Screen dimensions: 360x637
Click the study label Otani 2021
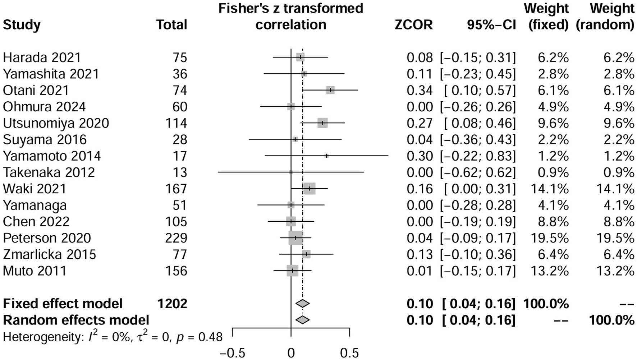(36, 90)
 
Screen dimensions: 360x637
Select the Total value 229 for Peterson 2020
(176, 238)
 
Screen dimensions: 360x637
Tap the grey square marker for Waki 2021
(309, 189)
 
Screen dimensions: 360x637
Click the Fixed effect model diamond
(302, 304)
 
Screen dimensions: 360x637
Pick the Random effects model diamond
(302, 320)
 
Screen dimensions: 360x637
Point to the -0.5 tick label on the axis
(232, 353)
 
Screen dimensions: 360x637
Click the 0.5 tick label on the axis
(349, 353)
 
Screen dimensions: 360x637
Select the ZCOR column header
(414, 25)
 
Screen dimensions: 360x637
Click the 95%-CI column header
(491, 25)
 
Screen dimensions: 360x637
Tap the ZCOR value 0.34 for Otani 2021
(420, 90)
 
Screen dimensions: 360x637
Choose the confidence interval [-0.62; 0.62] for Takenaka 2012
(478, 172)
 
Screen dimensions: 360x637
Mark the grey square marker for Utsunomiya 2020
(322, 123)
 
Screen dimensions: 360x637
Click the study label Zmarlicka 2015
(50, 254)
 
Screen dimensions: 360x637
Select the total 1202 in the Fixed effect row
(172, 304)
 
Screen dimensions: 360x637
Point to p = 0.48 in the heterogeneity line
(199, 337)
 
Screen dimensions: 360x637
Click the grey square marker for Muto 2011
(292, 271)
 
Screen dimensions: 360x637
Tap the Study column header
(22, 25)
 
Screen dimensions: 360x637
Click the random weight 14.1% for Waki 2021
(615, 189)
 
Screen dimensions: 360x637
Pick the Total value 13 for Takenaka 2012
(180, 172)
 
